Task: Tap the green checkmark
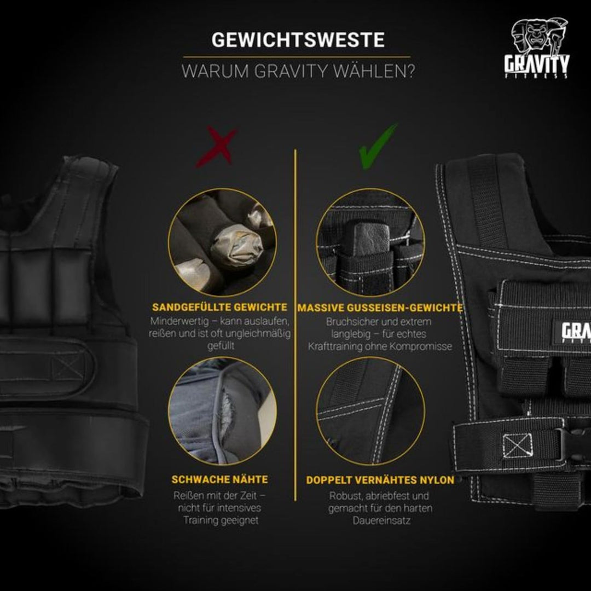378,145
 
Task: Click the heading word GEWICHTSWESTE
298,40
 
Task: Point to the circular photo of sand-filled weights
222,242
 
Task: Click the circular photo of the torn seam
222,411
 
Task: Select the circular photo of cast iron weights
370,242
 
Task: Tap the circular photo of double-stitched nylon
370,411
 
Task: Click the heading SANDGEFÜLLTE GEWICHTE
220,307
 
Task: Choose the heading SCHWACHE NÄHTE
220,479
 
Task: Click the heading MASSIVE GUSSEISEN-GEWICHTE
380,308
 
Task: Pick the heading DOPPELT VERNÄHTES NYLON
380,480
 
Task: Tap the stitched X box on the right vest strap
514,446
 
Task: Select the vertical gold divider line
296,323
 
